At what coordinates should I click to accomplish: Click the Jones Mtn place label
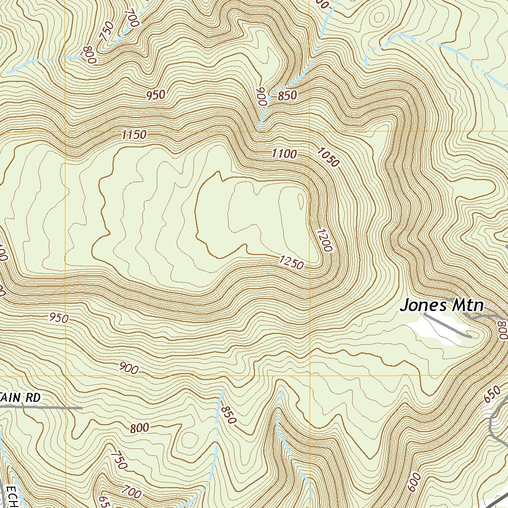441,305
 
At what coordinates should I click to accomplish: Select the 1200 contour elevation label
323,240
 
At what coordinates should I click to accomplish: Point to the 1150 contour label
133,134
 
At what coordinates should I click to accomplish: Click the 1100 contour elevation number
284,154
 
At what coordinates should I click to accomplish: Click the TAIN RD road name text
20,398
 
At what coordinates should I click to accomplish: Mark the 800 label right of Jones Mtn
502,330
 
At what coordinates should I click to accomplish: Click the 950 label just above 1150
155,95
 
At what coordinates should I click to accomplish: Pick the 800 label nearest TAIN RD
140,428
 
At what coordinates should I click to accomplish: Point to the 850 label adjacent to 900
287,96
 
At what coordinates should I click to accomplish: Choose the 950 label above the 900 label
59,318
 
